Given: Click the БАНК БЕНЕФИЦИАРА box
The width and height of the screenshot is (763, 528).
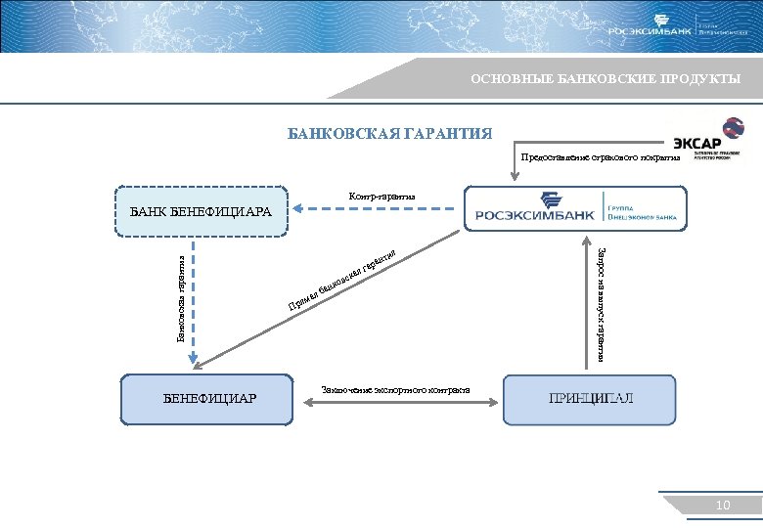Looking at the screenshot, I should tap(202, 211).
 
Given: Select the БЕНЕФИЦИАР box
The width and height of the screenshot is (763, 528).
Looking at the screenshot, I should tap(208, 398).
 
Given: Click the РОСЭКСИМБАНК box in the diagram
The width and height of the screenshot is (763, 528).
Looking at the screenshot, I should tap(574, 208).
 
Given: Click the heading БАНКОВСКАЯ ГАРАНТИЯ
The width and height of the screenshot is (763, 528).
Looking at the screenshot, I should tap(389, 134).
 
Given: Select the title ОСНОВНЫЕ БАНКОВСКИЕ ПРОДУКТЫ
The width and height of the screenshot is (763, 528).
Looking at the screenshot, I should tap(605, 78).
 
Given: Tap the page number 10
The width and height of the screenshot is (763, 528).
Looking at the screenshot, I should tap(723, 505).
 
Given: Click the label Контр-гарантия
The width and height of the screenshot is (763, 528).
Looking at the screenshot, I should tap(381, 197).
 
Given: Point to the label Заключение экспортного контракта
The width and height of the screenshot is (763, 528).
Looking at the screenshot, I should tap(396, 390).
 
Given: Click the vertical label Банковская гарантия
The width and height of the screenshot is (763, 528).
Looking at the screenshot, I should tap(181, 293).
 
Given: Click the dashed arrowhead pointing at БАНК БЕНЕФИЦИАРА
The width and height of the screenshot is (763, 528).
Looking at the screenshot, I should tap(301, 208).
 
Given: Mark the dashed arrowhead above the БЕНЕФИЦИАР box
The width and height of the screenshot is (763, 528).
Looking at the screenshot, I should tap(194, 358).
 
